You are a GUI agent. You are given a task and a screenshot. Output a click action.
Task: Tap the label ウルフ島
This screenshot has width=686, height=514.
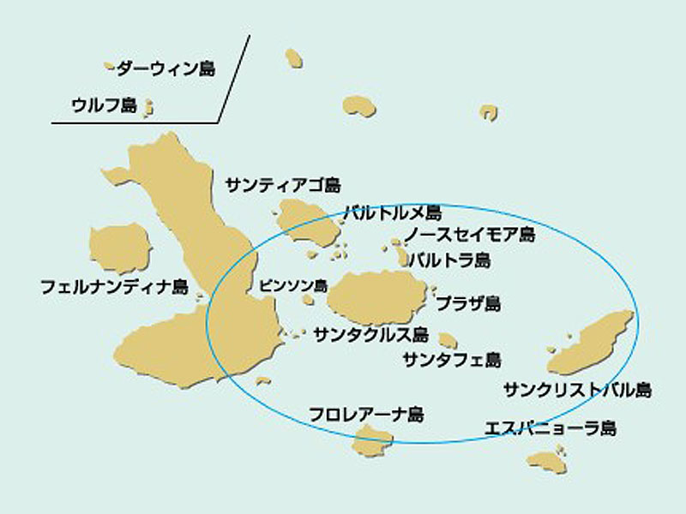click(104, 106)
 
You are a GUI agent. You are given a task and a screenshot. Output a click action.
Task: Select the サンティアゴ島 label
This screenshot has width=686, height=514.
click(283, 185)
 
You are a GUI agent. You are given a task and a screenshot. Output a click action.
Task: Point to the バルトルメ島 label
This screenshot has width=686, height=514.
click(393, 212)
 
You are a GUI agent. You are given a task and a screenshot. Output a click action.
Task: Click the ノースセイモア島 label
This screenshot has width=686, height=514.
click(470, 235)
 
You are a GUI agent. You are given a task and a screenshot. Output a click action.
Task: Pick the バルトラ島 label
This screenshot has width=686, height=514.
click(449, 260)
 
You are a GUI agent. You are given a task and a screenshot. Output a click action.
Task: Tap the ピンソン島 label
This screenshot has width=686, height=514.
click(293, 285)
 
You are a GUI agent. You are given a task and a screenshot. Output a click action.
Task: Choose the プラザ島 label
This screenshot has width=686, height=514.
click(469, 303)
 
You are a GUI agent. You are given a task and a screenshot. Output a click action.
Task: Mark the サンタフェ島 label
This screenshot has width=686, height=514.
click(451, 360)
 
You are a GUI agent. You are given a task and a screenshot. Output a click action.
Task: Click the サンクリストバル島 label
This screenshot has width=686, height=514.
click(577, 391)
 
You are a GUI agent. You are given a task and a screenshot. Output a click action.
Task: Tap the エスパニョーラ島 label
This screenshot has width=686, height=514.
click(550, 427)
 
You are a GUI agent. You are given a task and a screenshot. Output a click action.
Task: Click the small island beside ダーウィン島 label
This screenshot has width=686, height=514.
click(110, 65)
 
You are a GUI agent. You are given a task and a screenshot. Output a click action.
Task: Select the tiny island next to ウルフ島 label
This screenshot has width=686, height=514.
click(148, 107)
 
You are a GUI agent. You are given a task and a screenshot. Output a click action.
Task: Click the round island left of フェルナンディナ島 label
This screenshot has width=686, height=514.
click(120, 247)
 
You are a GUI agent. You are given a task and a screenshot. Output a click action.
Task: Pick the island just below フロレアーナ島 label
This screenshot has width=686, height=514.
click(373, 443)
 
